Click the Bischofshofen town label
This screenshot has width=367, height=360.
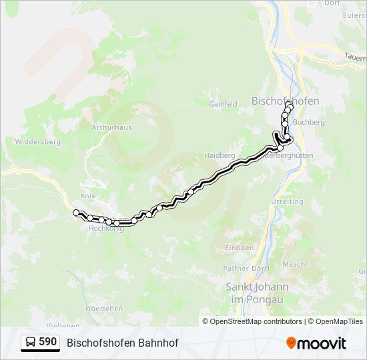[285, 101]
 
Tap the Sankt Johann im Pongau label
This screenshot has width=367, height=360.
[257, 293]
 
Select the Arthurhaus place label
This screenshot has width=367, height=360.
[111, 127]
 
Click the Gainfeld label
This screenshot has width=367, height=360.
[223, 104]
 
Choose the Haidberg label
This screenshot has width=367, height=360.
[220, 155]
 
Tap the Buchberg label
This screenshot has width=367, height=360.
[308, 123]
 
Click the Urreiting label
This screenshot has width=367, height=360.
[287, 201]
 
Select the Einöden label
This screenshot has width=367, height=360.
[240, 247]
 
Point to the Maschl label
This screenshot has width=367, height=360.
[294, 264]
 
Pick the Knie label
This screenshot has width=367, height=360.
[88, 196]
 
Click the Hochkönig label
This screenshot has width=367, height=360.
[103, 228]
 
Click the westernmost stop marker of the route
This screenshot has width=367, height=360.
[76, 213]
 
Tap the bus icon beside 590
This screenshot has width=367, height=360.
[31, 343]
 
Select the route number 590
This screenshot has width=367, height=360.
[48, 342]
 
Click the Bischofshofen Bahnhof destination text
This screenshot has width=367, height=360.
[123, 343]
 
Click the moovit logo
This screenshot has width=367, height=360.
[316, 343]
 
